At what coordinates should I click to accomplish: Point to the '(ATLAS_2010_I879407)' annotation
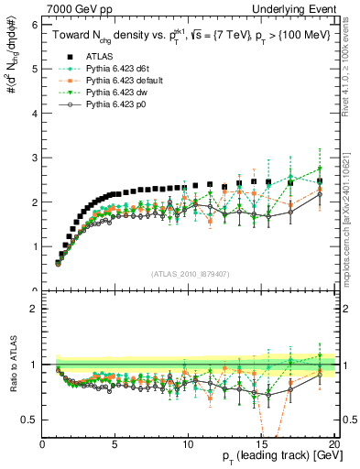[x=189, y=272]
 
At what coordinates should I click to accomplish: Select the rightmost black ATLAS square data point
[x=320, y=181]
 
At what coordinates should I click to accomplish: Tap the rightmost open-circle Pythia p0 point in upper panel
[x=320, y=194]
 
